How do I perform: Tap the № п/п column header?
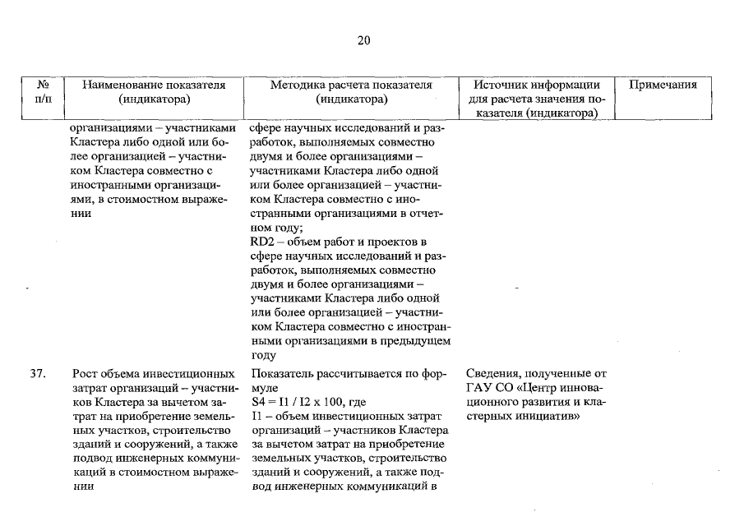(x=44, y=92)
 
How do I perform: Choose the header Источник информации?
(x=537, y=85)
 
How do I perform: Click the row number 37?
(x=37, y=373)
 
